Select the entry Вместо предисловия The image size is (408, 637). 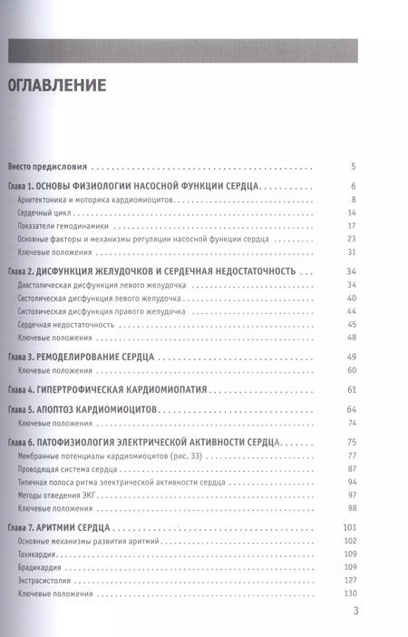pyautogui.click(x=49, y=167)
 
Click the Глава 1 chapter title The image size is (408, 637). pyautogui.click(x=135, y=185)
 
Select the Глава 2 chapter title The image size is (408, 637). pyautogui.click(x=154, y=271)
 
